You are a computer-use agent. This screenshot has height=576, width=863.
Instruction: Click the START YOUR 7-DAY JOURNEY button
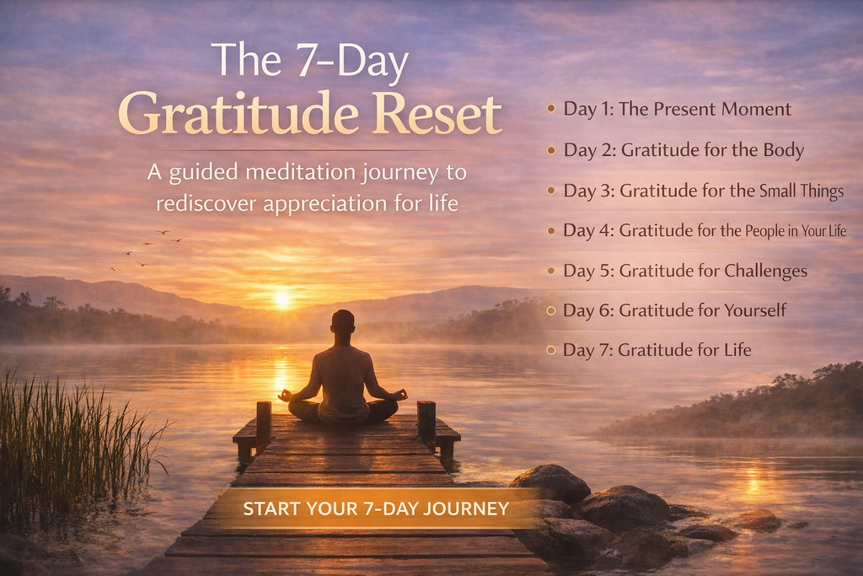point(376,509)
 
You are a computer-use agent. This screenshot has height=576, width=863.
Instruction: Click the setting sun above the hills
point(281,299)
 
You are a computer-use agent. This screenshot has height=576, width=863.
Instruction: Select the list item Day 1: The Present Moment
point(677,109)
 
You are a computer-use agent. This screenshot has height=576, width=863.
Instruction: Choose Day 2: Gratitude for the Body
point(683,150)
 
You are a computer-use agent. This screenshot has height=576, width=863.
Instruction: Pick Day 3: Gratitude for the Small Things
point(703,191)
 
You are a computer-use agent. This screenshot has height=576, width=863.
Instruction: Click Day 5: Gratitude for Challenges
point(685,271)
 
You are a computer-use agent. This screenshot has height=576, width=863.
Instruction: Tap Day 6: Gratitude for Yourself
point(674,310)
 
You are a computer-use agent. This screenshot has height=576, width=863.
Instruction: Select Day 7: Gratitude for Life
point(657,350)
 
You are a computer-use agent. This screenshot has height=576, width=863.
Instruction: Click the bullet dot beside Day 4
point(551,230)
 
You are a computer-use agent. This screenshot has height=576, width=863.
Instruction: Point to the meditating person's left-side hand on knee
point(286,394)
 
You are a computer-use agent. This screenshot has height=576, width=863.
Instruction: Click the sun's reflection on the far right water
point(753,482)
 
